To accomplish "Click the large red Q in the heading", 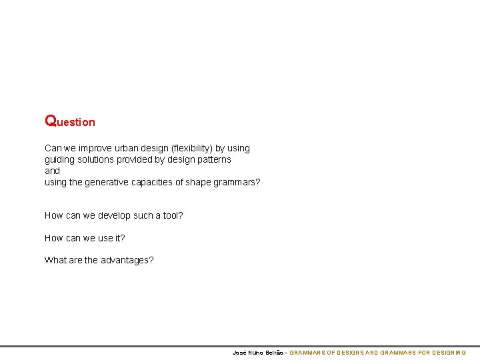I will pos(51,121).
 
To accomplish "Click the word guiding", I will pos(61,159).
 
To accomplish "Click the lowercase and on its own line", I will pos(53,171).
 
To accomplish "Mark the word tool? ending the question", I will pos(172,215).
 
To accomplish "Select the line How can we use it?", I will pos(85,238).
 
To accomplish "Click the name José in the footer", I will pos(239,352).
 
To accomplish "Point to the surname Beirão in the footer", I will pos(273,352).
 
